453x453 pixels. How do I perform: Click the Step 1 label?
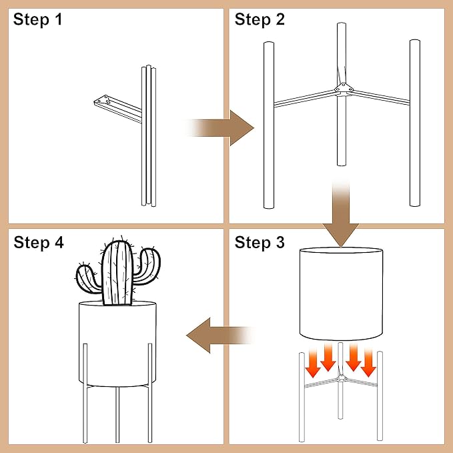click(37, 19)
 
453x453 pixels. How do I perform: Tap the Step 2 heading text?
click(260, 19)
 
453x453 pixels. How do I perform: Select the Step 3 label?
click(260, 242)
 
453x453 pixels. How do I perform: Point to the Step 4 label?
click(39, 242)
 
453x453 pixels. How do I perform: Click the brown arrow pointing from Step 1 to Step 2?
click(221, 127)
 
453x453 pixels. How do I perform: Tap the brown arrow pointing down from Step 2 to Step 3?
click(341, 213)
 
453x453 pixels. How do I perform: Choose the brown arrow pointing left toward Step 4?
click(220, 336)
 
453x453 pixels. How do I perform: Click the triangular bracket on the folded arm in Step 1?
click(102, 100)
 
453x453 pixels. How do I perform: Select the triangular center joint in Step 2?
click(344, 89)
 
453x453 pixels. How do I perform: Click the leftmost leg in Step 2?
click(269, 125)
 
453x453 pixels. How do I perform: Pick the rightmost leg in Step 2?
click(415, 123)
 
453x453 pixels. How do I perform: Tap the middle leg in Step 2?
click(342, 94)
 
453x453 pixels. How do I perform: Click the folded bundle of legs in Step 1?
click(149, 135)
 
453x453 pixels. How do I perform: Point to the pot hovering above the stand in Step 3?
click(341, 294)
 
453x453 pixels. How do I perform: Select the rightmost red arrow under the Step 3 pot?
click(368, 363)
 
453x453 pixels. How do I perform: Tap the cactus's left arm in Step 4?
click(87, 280)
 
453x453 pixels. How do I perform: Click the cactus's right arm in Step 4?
click(147, 266)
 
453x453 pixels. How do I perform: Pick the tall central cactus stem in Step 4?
click(118, 273)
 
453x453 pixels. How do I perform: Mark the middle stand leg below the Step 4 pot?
click(117, 414)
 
